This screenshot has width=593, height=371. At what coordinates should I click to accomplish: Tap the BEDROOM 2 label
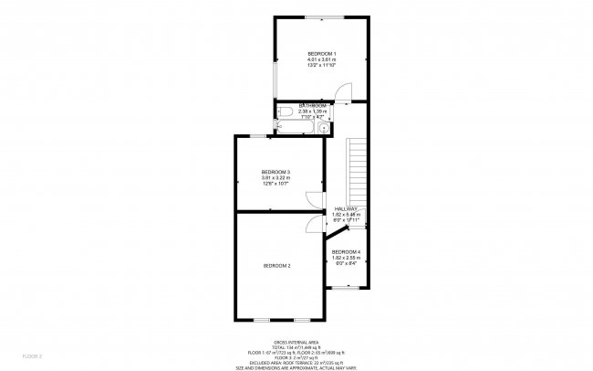(x=276, y=265)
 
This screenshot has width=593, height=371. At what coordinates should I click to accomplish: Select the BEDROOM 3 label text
(x=276, y=173)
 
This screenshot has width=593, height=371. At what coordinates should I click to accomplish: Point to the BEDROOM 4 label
(x=346, y=251)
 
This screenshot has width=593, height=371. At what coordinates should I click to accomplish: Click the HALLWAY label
(x=346, y=208)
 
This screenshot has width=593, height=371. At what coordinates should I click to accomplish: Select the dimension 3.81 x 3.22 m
(x=276, y=179)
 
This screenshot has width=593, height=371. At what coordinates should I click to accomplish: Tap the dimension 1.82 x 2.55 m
(x=346, y=258)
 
